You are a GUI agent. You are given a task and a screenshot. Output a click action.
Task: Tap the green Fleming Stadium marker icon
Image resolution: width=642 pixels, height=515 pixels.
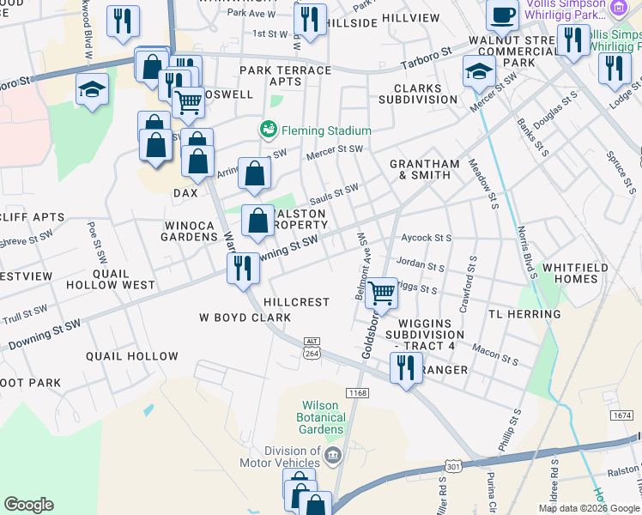click(x=268, y=130)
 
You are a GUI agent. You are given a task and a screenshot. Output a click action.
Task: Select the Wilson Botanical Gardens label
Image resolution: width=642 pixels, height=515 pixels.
click(x=323, y=418)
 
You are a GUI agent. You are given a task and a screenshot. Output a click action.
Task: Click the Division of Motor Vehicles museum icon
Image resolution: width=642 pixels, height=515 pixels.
click(x=333, y=454)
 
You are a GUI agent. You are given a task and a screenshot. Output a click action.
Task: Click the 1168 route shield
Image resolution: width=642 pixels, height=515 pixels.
click(x=358, y=391)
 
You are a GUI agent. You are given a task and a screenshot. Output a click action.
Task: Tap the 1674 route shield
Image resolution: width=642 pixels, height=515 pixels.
click(x=622, y=415)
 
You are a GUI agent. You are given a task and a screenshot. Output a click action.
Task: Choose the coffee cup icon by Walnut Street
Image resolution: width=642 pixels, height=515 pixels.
click(x=502, y=15)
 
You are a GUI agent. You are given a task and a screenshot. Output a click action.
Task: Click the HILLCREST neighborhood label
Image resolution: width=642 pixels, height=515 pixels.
click(x=297, y=302)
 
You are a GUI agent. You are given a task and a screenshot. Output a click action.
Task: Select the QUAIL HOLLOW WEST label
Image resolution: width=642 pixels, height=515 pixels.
click(x=123, y=279)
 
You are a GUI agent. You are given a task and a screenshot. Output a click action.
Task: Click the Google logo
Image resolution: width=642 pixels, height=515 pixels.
click(x=28, y=505)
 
